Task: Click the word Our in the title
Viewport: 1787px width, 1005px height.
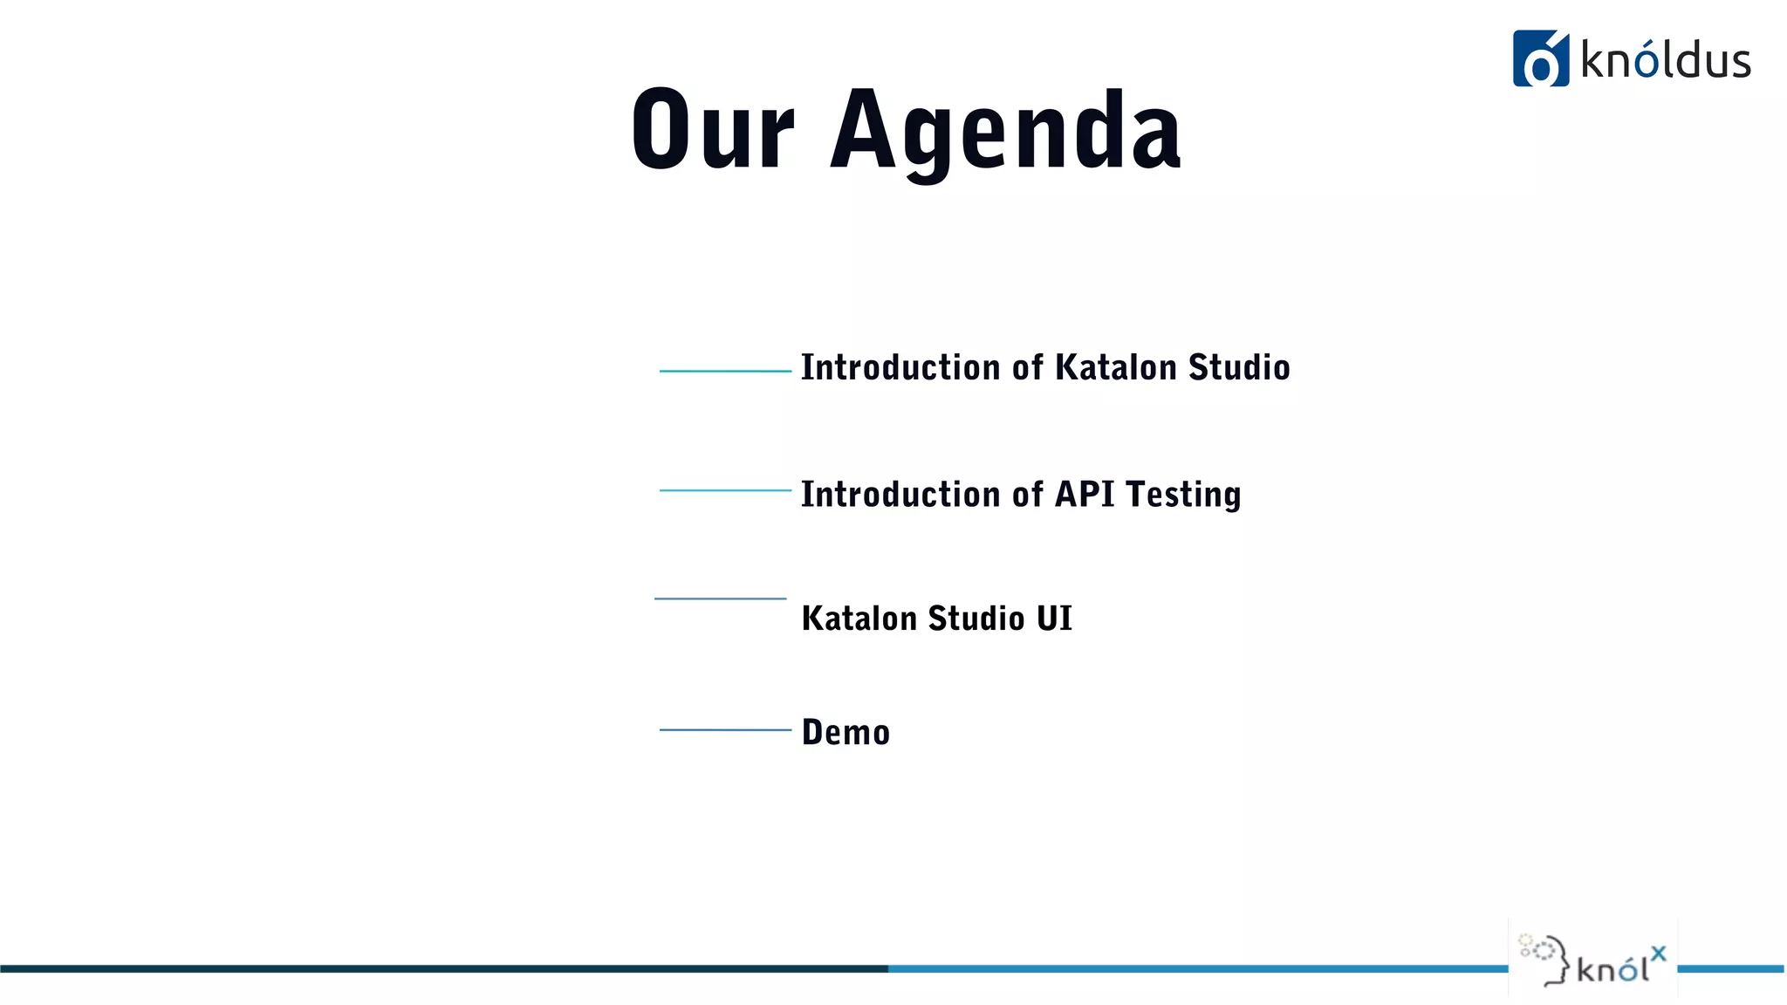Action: coord(712,131)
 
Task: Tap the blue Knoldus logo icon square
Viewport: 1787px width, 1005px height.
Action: coord(1540,59)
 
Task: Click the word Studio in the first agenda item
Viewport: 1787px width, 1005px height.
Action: coord(1239,367)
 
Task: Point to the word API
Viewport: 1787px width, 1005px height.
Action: coord(1085,494)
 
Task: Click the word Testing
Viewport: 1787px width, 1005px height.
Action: coord(1183,495)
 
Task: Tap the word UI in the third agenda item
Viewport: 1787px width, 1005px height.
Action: coord(1054,619)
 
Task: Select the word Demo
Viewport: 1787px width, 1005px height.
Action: coord(846,732)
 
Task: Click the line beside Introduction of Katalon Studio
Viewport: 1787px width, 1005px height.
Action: coord(725,371)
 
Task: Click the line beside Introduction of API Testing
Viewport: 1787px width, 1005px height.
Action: coord(725,490)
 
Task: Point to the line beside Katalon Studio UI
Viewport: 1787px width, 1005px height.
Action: coord(720,598)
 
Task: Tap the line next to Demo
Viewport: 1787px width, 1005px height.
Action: coord(725,729)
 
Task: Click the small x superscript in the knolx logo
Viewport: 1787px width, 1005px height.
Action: coord(1658,954)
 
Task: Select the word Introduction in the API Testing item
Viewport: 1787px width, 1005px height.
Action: coord(900,494)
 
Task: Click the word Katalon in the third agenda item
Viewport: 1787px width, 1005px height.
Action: coord(859,619)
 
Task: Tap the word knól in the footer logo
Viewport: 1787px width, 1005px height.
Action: coord(1612,968)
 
